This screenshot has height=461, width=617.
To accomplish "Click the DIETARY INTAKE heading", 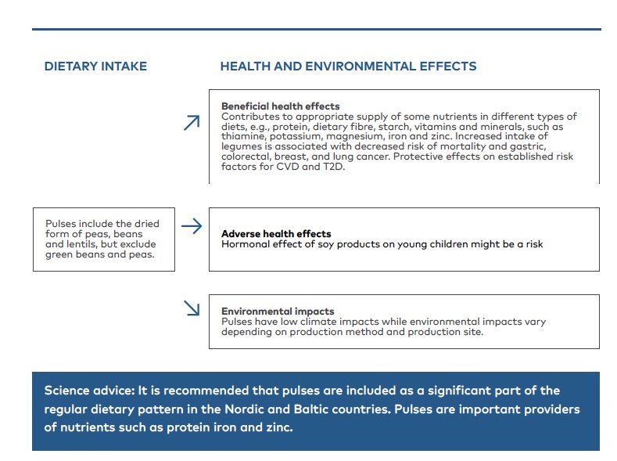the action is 95,67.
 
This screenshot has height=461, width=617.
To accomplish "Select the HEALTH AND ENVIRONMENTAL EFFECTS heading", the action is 348,67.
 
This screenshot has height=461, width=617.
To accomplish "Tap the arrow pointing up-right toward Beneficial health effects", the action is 192,122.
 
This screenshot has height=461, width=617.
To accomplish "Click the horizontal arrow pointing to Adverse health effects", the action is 192,226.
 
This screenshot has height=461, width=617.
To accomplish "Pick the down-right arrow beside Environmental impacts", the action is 192,308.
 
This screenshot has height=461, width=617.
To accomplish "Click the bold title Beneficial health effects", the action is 280,106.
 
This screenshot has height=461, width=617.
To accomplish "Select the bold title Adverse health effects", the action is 276,234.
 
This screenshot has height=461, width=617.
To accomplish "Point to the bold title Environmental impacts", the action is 278,312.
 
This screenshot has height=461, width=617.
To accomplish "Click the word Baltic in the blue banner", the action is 311,409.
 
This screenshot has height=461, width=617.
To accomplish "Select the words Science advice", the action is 89,391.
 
